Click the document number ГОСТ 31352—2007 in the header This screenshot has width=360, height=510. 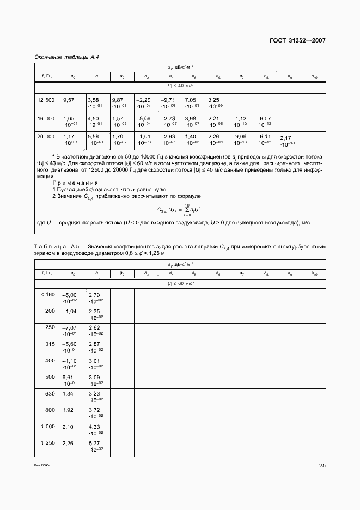pos(298,40)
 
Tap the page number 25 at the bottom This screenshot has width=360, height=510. pos(322,465)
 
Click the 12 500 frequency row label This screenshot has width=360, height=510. pos(46,100)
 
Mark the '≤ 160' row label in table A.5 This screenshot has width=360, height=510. pos(47,294)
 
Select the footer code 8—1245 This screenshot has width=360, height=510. pos(42,465)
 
